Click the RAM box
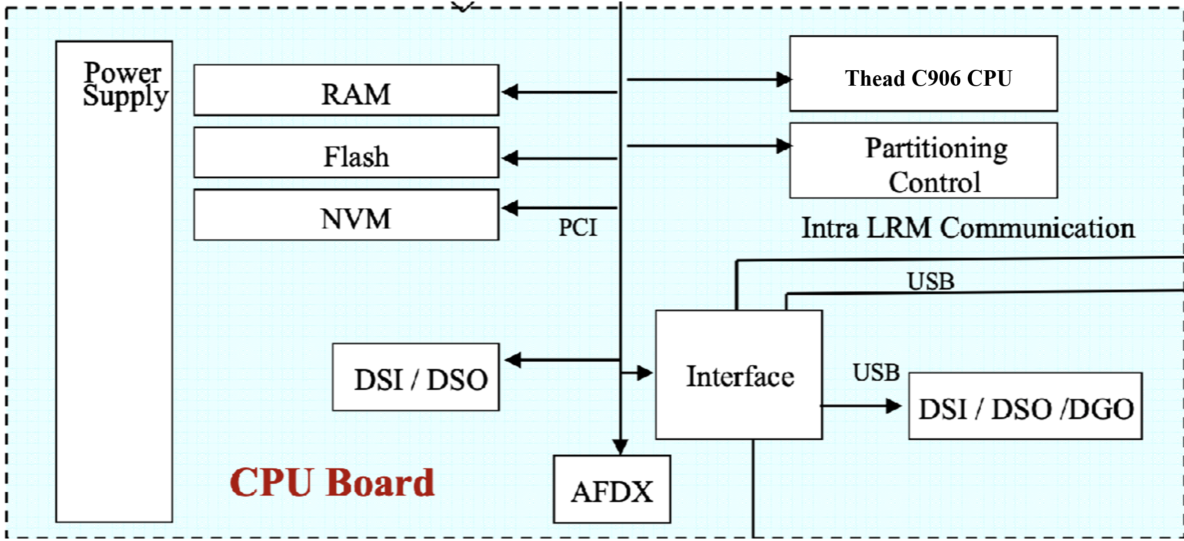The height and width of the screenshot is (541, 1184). point(346,90)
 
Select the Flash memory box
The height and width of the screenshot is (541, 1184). point(346,152)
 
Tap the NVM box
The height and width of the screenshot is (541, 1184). point(346,215)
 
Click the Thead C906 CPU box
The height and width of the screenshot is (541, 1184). point(923,74)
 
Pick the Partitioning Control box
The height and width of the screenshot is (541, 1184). point(923,161)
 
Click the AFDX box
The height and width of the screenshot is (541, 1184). point(611,489)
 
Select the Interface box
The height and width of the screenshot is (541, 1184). point(739,375)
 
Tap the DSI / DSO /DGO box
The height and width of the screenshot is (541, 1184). point(1025,406)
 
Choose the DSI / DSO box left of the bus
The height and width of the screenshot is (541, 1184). point(416,377)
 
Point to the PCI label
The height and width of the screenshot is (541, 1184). point(577,228)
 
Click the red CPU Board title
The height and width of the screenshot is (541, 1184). point(332,482)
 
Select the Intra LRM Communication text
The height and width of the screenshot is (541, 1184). point(967,228)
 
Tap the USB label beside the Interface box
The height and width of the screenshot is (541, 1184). point(876,373)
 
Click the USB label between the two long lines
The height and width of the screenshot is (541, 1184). point(930,281)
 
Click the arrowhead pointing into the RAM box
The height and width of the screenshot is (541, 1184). point(509,92)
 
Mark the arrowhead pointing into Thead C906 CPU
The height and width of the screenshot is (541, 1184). point(783,79)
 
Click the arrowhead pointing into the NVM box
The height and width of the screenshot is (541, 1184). point(509,208)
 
